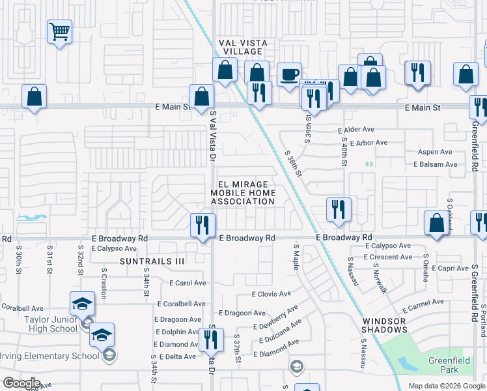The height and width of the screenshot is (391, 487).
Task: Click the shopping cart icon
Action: click(x=59, y=31)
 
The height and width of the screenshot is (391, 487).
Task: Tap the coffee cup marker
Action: click(x=288, y=74)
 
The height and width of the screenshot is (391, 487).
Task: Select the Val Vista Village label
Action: click(x=242, y=47)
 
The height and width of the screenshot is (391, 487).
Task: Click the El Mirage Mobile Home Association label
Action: click(x=242, y=193)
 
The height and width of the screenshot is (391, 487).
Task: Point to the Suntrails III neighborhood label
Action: click(x=152, y=261)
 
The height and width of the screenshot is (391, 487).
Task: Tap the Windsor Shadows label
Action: click(x=383, y=326)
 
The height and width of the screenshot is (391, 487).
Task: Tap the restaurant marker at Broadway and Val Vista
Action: click(x=202, y=225)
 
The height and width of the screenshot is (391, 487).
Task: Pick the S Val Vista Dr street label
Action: click(x=212, y=138)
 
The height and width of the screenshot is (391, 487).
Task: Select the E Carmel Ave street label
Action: click(x=423, y=305)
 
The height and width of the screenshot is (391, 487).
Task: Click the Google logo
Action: click(x=21, y=383)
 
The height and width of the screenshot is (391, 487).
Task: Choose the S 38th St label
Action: click(x=294, y=164)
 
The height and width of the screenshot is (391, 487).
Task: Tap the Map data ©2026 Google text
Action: click(x=446, y=386)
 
